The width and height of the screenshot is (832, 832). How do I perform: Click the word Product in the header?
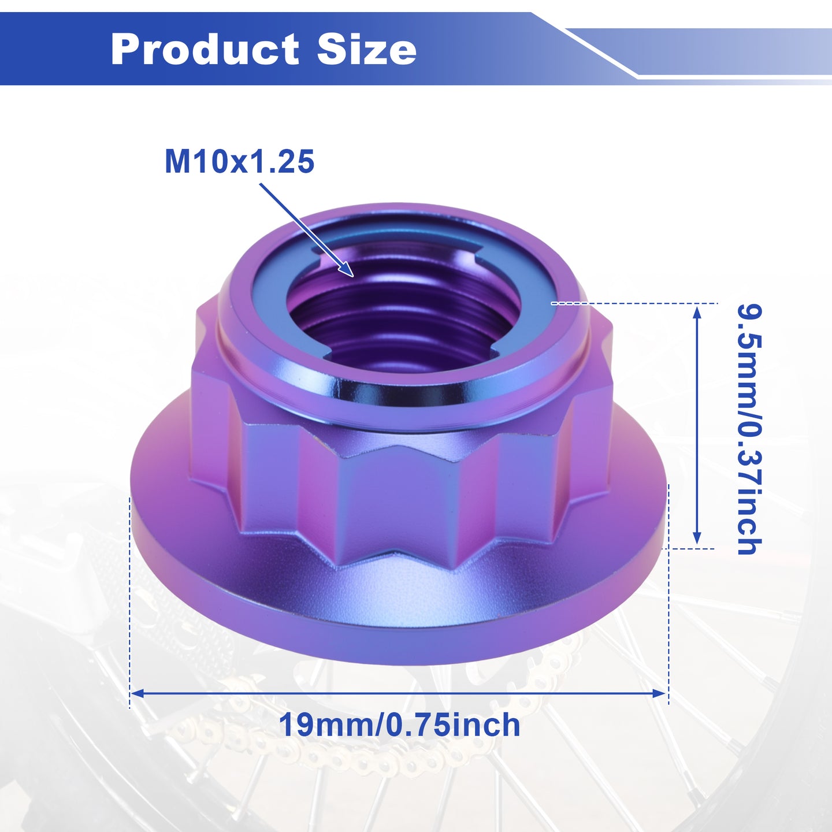tap(205, 49)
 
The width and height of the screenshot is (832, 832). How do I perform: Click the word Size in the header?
tap(367, 49)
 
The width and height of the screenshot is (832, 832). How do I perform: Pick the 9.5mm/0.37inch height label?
tap(749, 429)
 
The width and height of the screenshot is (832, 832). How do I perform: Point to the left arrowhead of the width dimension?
tap(138, 705)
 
